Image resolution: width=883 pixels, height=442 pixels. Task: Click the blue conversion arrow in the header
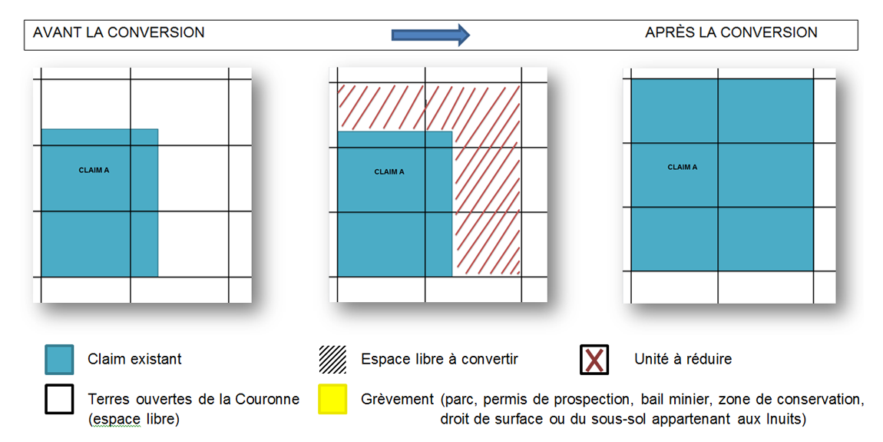430,34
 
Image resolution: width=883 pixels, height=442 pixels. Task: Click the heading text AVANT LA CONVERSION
119,32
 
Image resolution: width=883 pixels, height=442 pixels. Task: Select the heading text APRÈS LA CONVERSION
731,32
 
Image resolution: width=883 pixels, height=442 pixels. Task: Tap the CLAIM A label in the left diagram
94,170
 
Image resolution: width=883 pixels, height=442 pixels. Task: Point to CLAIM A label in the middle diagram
389,171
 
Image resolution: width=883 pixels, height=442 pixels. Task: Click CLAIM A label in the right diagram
683,167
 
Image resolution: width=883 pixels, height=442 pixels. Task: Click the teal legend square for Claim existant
59,359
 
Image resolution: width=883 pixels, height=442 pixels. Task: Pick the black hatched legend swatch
332,359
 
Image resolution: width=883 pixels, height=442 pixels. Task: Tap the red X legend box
594,359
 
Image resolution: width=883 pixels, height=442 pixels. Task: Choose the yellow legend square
332,399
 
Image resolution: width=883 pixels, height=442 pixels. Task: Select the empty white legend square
59,399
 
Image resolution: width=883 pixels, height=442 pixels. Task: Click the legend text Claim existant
135,359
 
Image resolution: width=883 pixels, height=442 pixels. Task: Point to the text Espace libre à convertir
439,359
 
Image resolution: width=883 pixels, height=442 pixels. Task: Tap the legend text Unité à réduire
683,359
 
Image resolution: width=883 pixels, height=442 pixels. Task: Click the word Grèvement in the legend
398,400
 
